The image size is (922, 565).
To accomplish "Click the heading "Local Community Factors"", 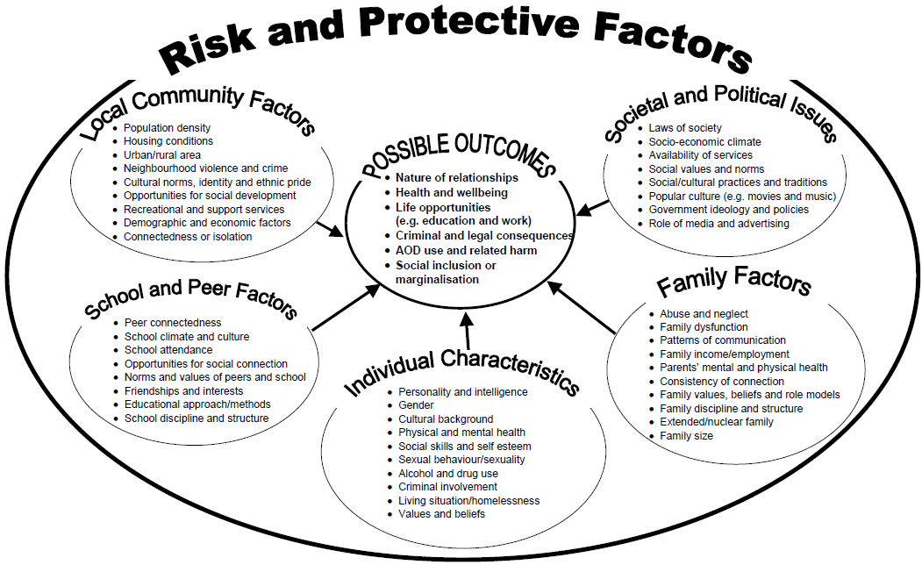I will click(198, 110).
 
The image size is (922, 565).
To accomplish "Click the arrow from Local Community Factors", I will click(332, 230).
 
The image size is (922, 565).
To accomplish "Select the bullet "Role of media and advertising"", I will click(718, 224).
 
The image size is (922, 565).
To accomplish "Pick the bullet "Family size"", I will click(686, 435).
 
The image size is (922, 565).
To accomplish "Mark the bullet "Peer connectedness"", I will click(173, 323).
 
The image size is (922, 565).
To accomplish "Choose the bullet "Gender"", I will click(416, 405).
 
